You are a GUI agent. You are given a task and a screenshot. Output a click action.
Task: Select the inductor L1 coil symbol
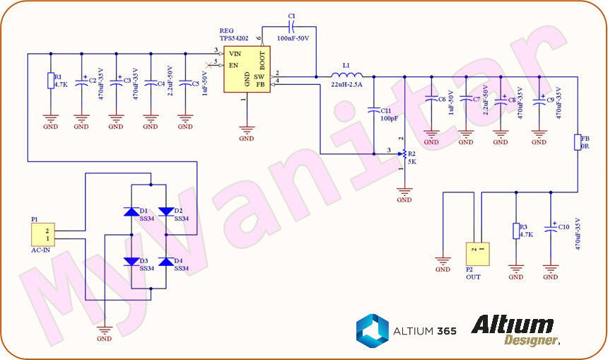tap(347, 76)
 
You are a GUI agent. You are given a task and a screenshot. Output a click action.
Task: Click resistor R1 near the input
tap(50, 81)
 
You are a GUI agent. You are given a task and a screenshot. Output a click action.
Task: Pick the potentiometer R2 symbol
tap(404, 153)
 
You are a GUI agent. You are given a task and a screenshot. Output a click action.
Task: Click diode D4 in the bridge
tap(166, 262)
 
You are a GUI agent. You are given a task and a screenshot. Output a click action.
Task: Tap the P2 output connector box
tap(476, 253)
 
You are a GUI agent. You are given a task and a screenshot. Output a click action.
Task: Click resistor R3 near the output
tap(515, 231)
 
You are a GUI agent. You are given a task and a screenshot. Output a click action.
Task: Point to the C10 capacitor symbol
tap(551, 228)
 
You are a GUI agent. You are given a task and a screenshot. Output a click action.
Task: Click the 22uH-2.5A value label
tap(346, 85)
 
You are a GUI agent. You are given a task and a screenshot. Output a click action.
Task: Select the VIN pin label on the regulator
tap(235, 53)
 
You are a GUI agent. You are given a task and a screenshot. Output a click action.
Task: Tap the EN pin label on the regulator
tap(233, 64)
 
